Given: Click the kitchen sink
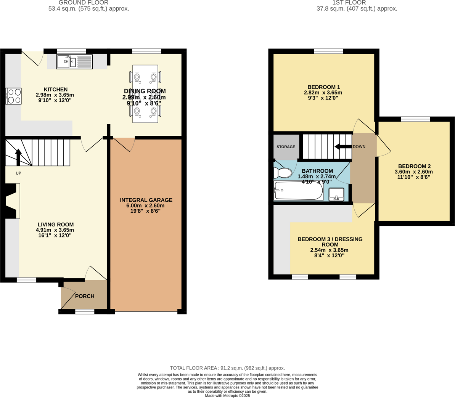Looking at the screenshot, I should [x=74, y=62].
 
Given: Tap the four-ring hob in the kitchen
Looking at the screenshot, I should [x=14, y=96].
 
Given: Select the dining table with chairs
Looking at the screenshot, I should [x=145, y=94].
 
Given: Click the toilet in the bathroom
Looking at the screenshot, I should [x=282, y=173].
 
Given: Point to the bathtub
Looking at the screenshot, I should [x=298, y=191].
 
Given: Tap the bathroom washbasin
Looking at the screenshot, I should [x=336, y=194].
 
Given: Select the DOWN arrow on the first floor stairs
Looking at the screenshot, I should [x=342, y=147].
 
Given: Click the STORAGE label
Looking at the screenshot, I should [x=286, y=147].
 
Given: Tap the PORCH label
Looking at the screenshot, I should [x=85, y=296].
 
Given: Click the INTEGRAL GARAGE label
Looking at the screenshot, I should [x=146, y=200].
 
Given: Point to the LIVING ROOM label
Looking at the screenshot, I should [x=56, y=225].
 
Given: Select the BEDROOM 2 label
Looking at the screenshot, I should [x=414, y=166].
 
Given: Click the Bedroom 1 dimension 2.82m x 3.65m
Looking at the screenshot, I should [x=323, y=93].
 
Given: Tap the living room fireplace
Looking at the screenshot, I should [x=13, y=201].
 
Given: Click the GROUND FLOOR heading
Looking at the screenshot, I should [x=89, y=3].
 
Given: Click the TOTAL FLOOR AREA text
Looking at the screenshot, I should [x=227, y=368].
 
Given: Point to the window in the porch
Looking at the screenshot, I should [x=85, y=312].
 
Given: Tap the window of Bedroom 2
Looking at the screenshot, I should [x=415, y=119].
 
